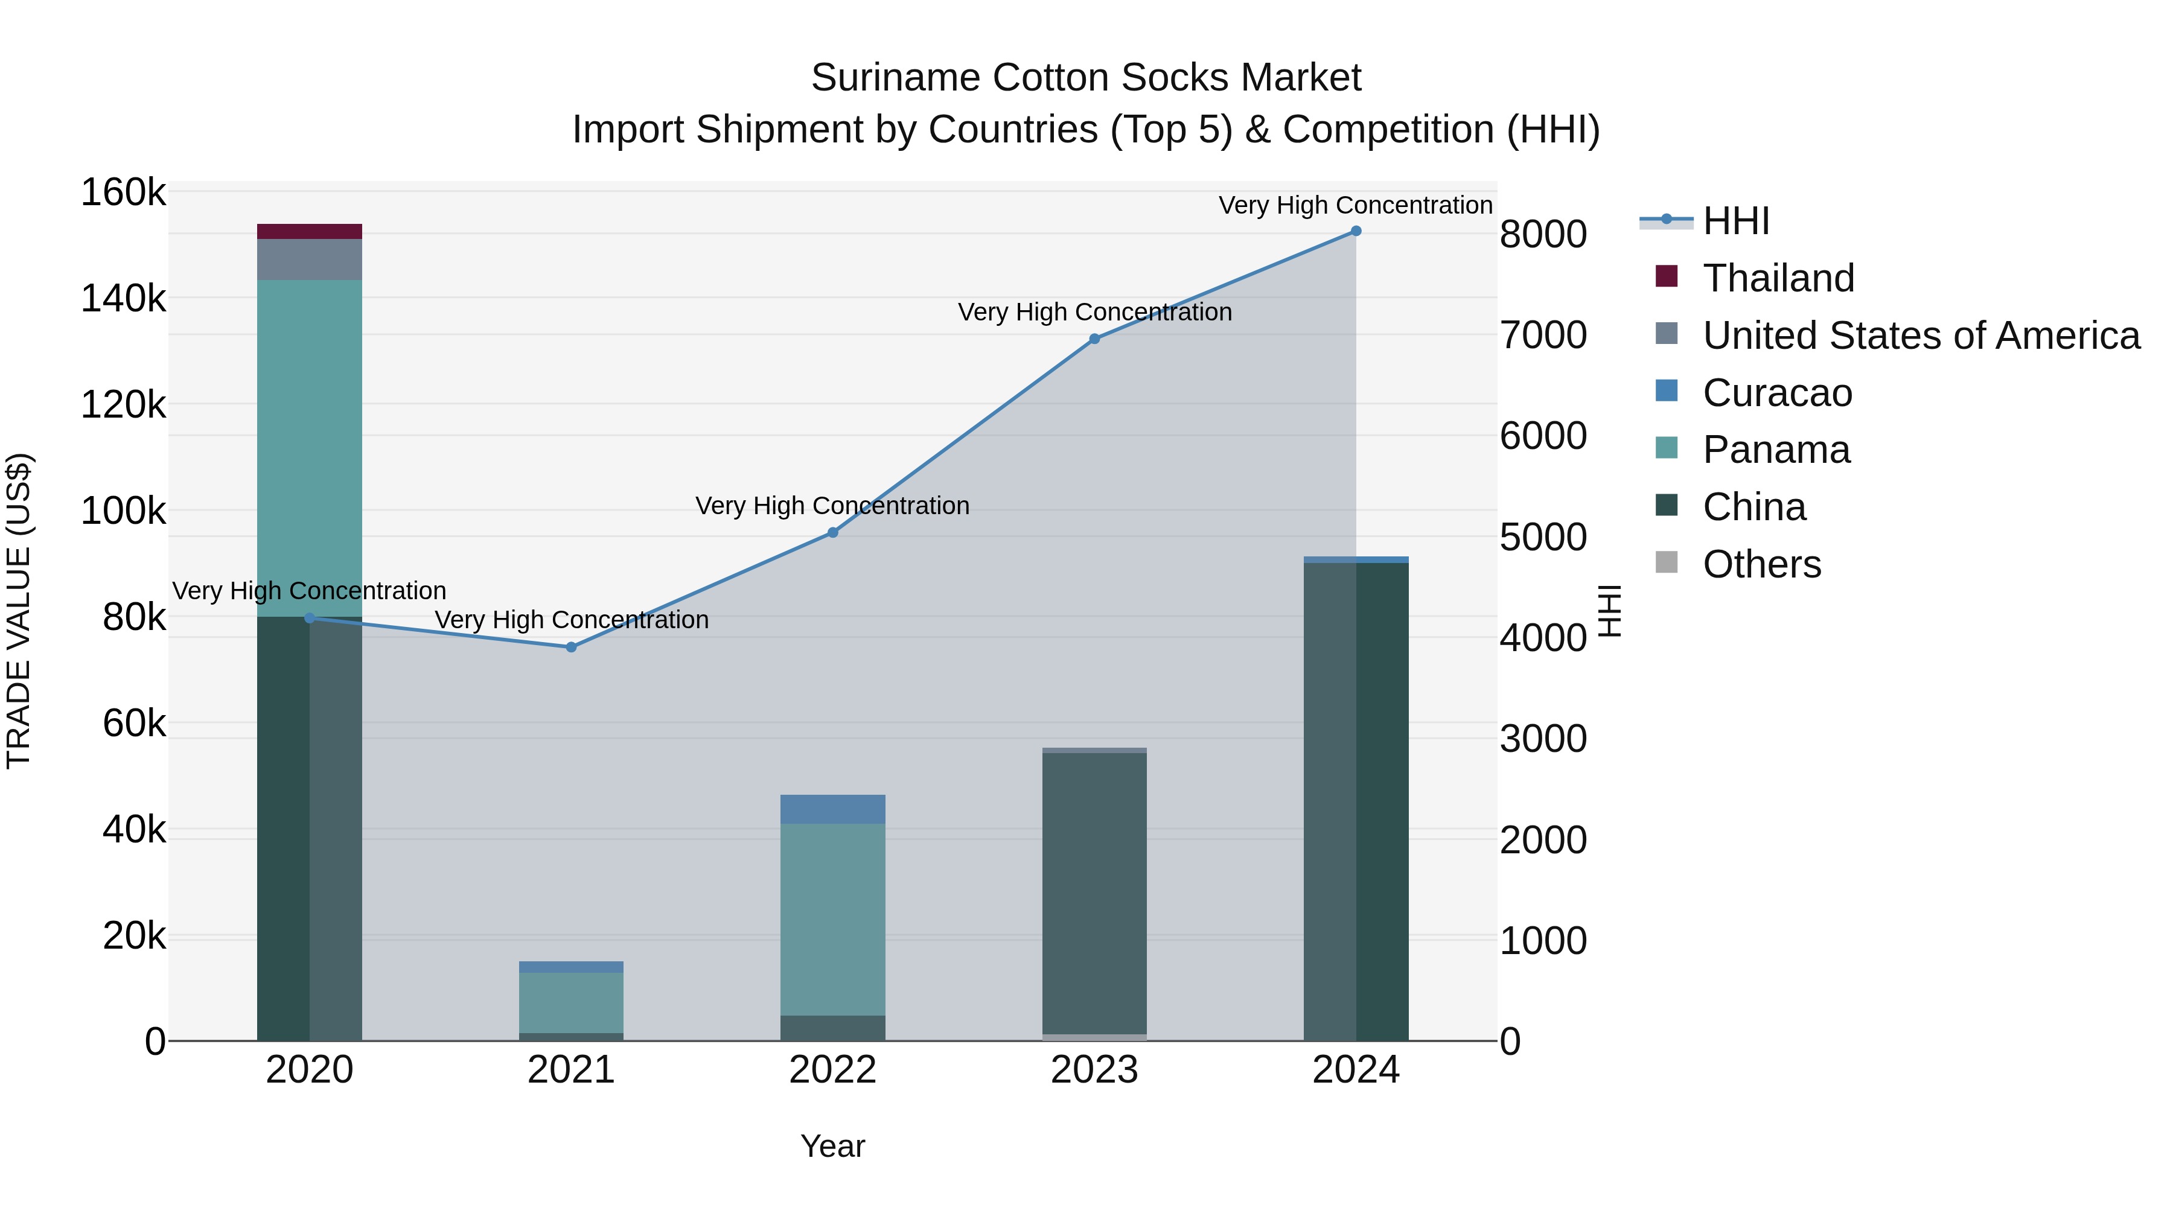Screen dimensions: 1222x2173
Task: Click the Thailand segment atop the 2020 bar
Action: tap(310, 231)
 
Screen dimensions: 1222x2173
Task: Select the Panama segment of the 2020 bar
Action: tap(310, 447)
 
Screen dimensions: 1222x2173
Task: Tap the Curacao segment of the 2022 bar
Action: tap(832, 809)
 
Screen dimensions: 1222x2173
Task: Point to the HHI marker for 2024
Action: tap(1356, 231)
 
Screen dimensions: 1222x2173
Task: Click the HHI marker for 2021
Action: tap(571, 647)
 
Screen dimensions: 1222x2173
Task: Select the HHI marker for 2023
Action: tap(1094, 339)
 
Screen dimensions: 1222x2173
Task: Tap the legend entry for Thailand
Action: tap(1778, 278)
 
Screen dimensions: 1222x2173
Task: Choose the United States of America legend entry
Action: tap(1920, 336)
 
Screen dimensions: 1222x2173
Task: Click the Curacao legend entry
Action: tap(1776, 393)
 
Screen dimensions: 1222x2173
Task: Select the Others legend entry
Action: tap(1761, 564)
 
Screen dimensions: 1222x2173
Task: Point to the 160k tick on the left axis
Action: tap(123, 193)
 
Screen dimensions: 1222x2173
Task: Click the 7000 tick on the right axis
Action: tap(1543, 335)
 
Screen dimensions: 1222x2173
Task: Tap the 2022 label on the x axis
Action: tap(832, 1070)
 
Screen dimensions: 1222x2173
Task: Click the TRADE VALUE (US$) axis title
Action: tap(19, 611)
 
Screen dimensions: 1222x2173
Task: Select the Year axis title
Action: tap(832, 1146)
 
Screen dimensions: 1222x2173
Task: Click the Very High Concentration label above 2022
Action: tap(832, 506)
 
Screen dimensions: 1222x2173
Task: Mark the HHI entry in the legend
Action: tap(1735, 221)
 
